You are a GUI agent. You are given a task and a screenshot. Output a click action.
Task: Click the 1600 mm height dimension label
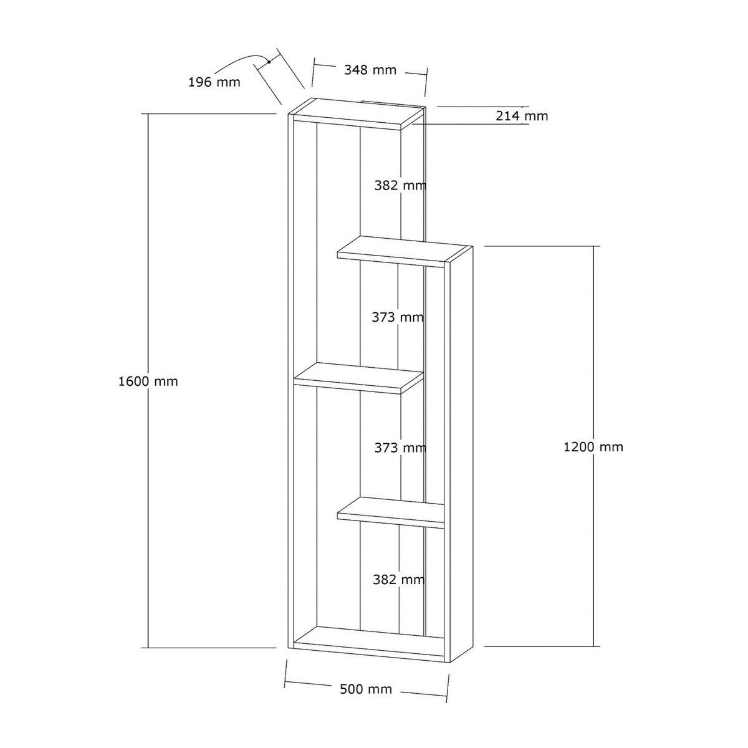(x=148, y=381)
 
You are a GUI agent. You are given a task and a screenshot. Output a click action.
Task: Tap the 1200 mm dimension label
(x=593, y=447)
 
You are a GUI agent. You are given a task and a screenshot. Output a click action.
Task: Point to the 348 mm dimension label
(x=370, y=70)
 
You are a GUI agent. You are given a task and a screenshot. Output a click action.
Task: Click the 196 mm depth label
(x=214, y=82)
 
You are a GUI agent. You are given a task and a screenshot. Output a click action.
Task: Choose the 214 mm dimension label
(x=522, y=116)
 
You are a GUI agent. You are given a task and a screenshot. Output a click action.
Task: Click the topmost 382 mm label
(x=400, y=186)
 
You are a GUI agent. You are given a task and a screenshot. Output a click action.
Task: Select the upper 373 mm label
(x=398, y=317)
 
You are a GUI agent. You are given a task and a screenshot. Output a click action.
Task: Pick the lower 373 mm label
(x=400, y=448)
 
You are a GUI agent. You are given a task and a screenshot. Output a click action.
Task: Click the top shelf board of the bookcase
(x=357, y=113)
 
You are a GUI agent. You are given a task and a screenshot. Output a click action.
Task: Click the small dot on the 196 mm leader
(x=269, y=62)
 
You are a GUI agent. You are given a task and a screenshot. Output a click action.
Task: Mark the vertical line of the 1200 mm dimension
(x=593, y=446)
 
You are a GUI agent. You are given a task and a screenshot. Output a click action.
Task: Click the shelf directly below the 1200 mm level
(x=404, y=252)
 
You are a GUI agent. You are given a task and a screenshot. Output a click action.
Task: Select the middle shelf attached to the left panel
(x=358, y=378)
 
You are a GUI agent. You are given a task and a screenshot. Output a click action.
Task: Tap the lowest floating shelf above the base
(x=391, y=512)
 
